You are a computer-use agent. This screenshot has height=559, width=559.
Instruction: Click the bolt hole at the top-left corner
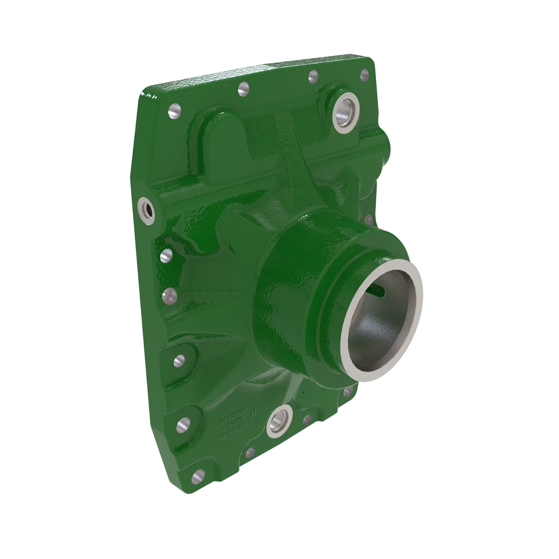coord(175,111)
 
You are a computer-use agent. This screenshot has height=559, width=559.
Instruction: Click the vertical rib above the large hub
coord(293,154)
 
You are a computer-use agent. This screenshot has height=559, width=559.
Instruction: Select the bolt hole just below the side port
coord(166,256)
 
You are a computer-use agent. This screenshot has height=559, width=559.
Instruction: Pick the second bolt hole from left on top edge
coord(243,89)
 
